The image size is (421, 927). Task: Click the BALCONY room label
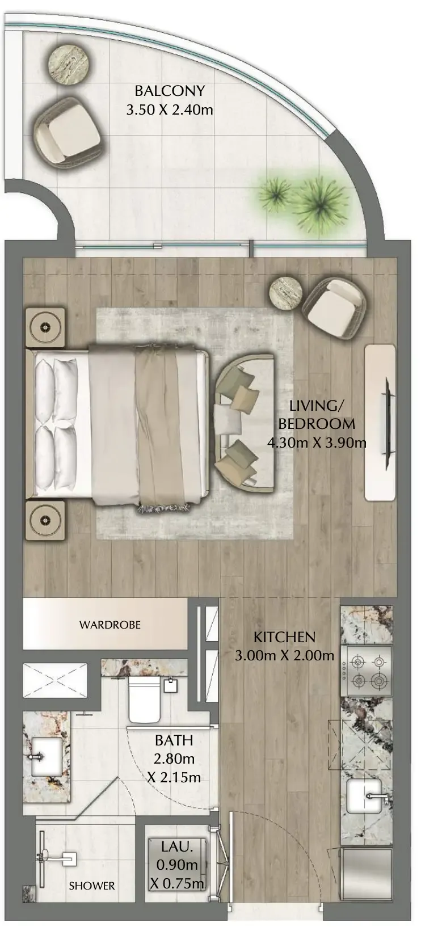click(x=170, y=91)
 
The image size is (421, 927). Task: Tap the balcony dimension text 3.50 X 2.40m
click(x=170, y=110)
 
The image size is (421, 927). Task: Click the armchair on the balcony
click(x=68, y=131)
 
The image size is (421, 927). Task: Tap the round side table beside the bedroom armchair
click(x=285, y=293)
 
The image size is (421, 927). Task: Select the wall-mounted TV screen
click(x=387, y=423)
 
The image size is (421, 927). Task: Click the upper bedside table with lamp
click(x=45, y=327)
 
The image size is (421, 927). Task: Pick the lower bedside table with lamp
click(x=45, y=521)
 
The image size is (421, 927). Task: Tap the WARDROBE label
click(x=110, y=625)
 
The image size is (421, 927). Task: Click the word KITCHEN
click(x=284, y=637)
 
